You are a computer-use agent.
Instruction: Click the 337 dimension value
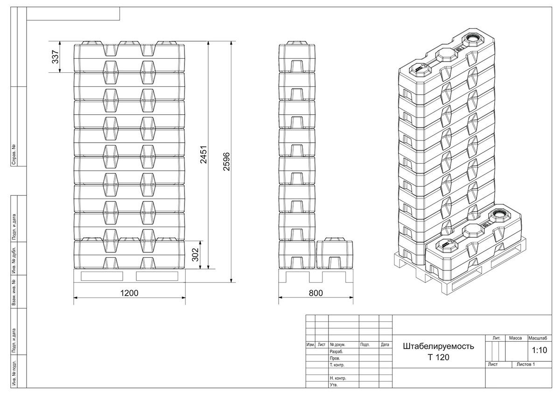click(x=55, y=57)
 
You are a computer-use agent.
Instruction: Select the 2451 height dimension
click(x=203, y=155)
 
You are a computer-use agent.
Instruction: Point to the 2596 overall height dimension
click(x=226, y=161)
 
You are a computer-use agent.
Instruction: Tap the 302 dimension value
click(x=195, y=255)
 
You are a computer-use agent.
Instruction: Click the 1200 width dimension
click(x=129, y=293)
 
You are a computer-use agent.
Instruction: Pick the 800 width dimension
click(x=316, y=293)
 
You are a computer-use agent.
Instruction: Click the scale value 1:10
click(x=539, y=350)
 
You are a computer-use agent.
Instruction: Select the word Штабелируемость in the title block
click(x=439, y=346)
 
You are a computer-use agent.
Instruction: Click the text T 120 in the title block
click(x=439, y=357)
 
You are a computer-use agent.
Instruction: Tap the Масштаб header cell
click(x=538, y=338)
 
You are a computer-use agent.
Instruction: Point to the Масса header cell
click(x=516, y=338)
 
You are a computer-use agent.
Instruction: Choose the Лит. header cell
click(x=497, y=338)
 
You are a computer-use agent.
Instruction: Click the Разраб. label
click(x=336, y=352)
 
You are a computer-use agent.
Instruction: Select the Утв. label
click(x=334, y=385)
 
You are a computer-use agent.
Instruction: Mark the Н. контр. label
click(x=338, y=378)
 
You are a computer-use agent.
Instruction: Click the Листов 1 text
click(x=526, y=364)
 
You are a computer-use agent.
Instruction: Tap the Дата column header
click(x=385, y=345)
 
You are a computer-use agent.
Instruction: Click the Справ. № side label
click(x=14, y=154)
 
